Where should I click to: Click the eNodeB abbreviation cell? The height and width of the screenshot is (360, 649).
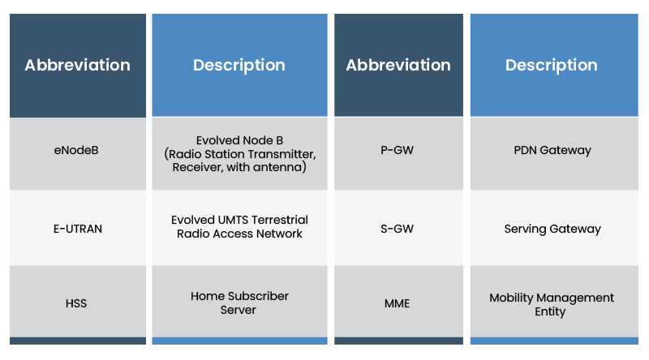78,150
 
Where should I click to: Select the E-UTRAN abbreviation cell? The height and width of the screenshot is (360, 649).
78,229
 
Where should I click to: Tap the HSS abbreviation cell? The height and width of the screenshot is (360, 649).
78,304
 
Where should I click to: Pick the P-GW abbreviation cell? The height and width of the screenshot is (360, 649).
398,150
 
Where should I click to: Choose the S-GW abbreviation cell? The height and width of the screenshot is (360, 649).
398,229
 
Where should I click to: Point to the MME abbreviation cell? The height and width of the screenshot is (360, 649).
398,304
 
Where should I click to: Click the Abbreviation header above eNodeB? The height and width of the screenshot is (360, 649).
78,65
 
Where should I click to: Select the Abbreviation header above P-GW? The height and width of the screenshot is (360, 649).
398,65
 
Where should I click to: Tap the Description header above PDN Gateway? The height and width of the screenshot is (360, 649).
552,65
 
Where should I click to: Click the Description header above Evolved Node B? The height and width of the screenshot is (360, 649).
239,65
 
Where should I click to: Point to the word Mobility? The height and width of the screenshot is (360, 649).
513,298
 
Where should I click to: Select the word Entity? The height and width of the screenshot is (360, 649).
550,311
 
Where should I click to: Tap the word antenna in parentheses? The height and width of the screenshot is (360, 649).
279,167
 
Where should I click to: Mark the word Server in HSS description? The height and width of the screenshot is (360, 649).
239,311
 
